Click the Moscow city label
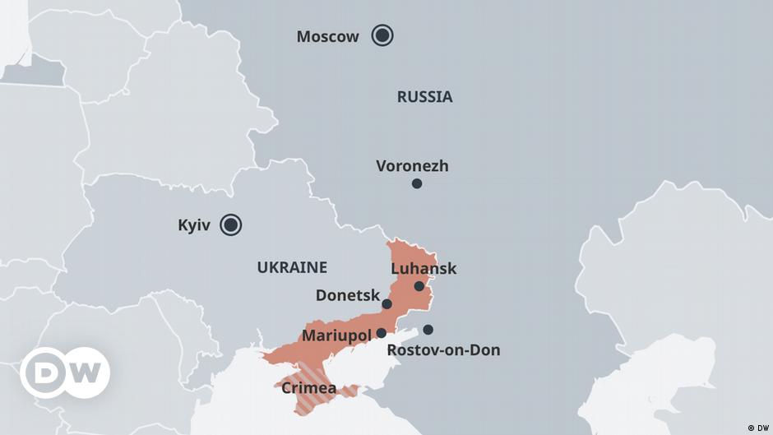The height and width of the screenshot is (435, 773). pos(327,36)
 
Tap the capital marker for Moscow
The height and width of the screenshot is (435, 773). pos(382,35)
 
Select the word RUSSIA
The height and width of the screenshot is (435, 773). pos(424,97)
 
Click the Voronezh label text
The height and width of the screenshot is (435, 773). pos(412,165)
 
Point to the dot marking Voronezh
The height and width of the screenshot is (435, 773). pos(417,183)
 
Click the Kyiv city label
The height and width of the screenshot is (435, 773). pos(194,225)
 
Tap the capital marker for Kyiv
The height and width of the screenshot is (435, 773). pos(231,224)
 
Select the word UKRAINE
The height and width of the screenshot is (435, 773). pos(292,267)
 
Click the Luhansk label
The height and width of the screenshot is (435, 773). pos(424,269)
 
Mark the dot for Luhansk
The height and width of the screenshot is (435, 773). pos(419,286)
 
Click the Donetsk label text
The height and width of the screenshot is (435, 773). pos(348,294)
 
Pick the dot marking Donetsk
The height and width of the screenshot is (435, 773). pos(386,304)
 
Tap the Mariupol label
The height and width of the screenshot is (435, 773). pos(336,336)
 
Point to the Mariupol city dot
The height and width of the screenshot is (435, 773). pos(382,333)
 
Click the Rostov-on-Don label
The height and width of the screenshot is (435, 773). pos(443,350)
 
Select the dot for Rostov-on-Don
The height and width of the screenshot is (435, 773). pos(428,330)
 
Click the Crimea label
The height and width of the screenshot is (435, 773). pos(308,387)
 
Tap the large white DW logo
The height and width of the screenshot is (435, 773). pos(65,373)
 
